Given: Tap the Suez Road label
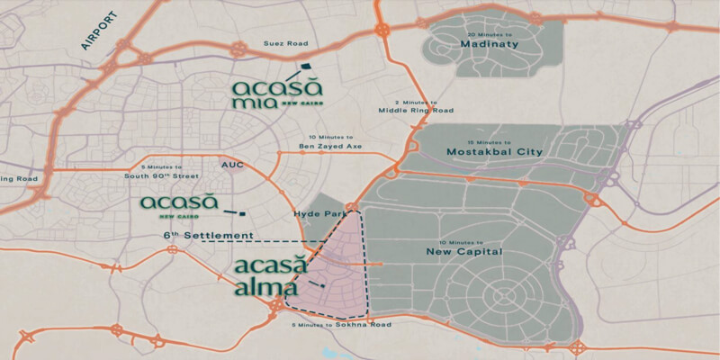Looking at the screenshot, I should (285, 43).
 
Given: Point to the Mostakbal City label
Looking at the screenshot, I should (495, 152).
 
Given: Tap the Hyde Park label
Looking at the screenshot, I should (314, 214).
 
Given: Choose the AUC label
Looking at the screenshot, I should (232, 166).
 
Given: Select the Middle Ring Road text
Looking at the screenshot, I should (416, 112).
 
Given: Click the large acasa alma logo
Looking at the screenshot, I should (271, 276).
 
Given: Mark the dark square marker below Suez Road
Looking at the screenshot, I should (305, 65).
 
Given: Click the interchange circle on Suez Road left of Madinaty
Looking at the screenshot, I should (384, 30).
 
